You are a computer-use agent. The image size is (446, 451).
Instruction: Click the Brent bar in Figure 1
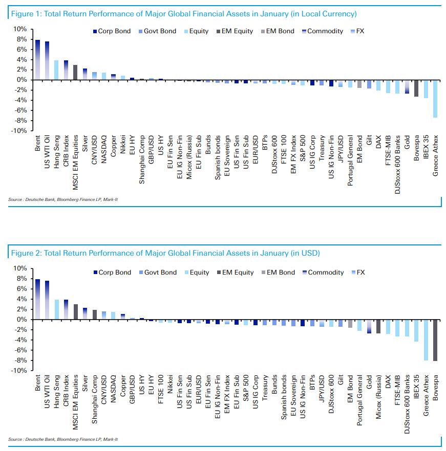pyautogui.click(x=37, y=60)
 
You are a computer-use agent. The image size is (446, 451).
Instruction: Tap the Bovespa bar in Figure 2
pyautogui.click(x=435, y=340)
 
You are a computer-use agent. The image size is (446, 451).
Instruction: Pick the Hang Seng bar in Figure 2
pyautogui.click(x=56, y=309)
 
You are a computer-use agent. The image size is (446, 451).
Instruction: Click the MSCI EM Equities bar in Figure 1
pyautogui.click(x=75, y=72)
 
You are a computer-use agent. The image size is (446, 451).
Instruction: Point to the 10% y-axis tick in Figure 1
pyautogui.click(x=19, y=29)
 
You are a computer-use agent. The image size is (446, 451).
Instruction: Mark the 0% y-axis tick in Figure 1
pyautogui.click(x=21, y=80)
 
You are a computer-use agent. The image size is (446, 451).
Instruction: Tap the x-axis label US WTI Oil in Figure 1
pyautogui.click(x=47, y=149)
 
